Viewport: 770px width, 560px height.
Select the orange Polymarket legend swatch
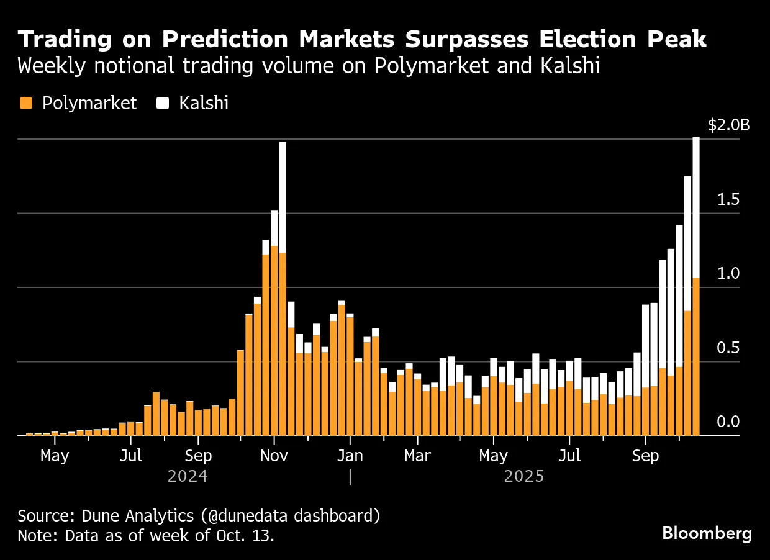(25, 103)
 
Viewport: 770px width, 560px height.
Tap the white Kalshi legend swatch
(163, 103)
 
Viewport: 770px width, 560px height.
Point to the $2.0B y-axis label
(728, 125)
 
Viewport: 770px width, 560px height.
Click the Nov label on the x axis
(274, 456)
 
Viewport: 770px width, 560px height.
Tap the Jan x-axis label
(350, 456)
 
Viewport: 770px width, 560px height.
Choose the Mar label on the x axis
(417, 456)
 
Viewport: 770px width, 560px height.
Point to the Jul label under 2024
(131, 456)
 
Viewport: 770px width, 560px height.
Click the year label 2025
(523, 477)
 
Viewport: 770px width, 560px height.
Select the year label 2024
(188, 477)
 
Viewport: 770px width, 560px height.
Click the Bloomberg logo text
(707, 533)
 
